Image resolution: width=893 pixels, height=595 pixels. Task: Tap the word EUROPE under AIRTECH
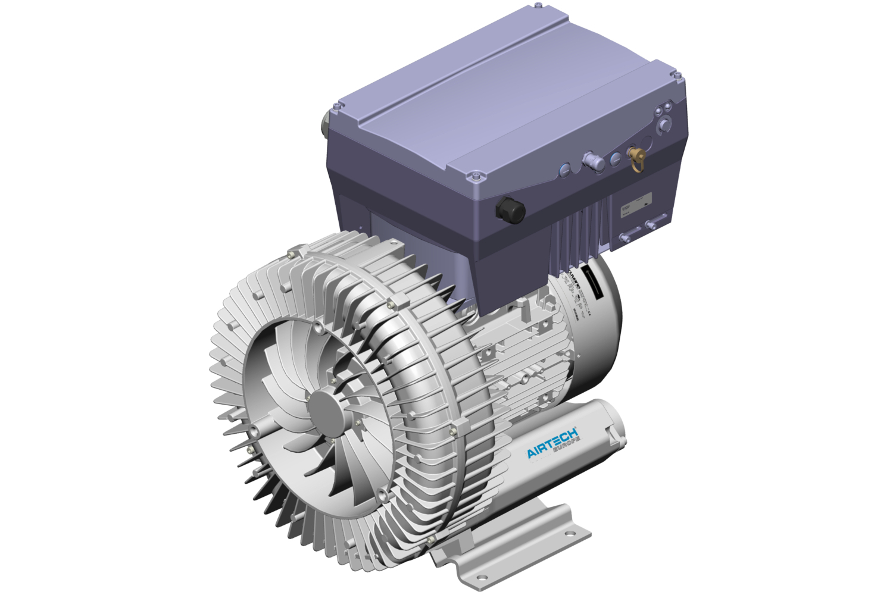tap(566, 449)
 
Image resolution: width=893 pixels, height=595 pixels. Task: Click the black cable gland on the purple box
tap(511, 209)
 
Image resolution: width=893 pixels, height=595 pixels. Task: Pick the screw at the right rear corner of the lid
tap(677, 75)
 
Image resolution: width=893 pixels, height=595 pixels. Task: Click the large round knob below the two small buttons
tap(663, 126)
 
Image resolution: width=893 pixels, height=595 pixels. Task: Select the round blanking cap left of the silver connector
tap(564, 170)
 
